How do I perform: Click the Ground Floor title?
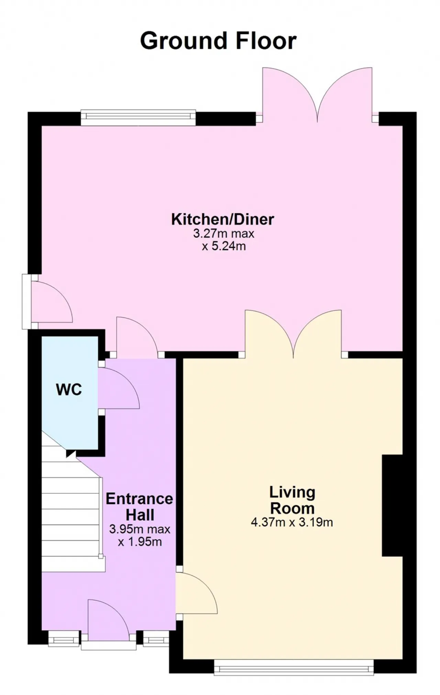(218, 41)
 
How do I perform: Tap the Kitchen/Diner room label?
(223, 220)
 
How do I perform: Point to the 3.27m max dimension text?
(223, 234)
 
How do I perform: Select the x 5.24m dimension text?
(224, 246)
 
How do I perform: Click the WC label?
(69, 390)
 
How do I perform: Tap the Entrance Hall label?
(140, 507)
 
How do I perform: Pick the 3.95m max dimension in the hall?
(140, 529)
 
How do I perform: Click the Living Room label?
(292, 500)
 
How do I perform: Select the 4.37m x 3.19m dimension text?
(292, 522)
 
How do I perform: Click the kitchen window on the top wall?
(138, 118)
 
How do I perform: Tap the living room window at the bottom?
(294, 667)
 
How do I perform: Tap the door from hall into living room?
(197, 593)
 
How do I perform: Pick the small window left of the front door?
(64, 639)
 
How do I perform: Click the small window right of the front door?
(156, 639)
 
